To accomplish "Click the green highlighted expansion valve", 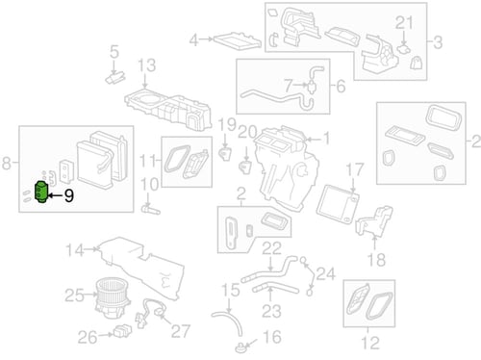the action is click(x=41, y=192).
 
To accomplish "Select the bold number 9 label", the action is click(x=68, y=195).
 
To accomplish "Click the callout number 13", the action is click(x=146, y=65).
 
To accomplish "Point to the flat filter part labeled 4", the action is click(x=237, y=40).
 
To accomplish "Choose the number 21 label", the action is click(x=404, y=23).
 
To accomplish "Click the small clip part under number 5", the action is click(x=114, y=78).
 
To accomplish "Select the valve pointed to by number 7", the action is click(x=312, y=85).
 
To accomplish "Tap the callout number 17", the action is click(x=354, y=170).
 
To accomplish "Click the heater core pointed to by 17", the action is click(x=338, y=204).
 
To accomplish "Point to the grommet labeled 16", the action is click(x=240, y=347).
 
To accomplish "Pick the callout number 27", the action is click(x=181, y=331).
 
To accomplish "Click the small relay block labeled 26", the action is click(x=122, y=330).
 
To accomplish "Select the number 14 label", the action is click(x=75, y=250).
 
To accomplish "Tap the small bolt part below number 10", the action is click(x=150, y=210).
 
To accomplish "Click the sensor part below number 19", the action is click(x=225, y=153).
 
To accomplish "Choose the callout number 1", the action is click(x=326, y=139).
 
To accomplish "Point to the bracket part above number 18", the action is click(x=374, y=220).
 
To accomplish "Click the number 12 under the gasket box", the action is click(x=370, y=343).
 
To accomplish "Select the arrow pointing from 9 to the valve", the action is click(x=55, y=195).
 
